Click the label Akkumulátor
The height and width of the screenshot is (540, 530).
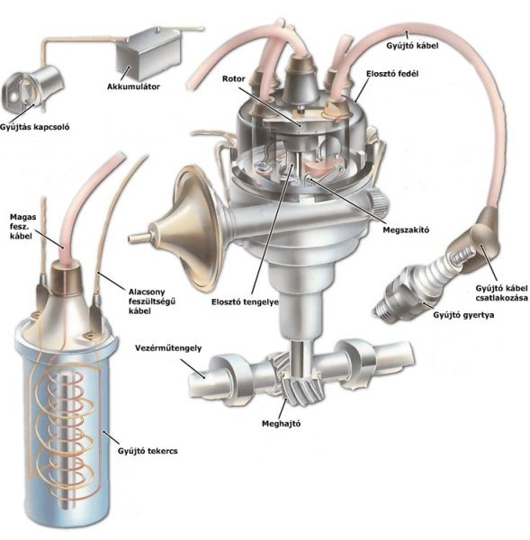(133, 86)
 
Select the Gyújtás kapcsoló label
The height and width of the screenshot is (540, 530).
(35, 127)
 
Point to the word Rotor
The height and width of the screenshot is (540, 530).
(233, 79)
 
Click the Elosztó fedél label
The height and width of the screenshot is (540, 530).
(392, 74)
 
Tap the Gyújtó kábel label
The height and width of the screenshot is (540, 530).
(412, 46)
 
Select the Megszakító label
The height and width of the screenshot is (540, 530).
(406, 229)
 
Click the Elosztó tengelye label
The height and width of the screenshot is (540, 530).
(245, 302)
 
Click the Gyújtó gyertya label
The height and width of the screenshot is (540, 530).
(463, 315)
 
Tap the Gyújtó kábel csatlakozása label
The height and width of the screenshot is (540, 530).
(501, 292)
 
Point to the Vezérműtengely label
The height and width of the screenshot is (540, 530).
(168, 347)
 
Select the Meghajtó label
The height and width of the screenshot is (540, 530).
(281, 423)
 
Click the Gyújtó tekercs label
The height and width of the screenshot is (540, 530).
(148, 451)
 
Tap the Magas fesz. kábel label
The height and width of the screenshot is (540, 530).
(22, 227)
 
